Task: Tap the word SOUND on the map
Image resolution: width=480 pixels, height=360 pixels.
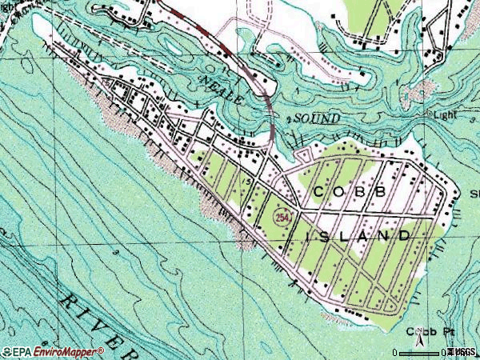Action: pos(316,118)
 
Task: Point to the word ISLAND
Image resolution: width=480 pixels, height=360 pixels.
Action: pos(359,235)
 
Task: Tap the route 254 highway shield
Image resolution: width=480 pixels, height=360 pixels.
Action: pos(282,218)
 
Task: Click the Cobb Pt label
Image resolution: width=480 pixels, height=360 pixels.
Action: pos(425,331)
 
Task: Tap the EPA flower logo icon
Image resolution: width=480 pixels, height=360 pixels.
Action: pos(6,351)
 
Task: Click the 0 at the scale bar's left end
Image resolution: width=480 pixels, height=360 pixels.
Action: pos(395,352)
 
